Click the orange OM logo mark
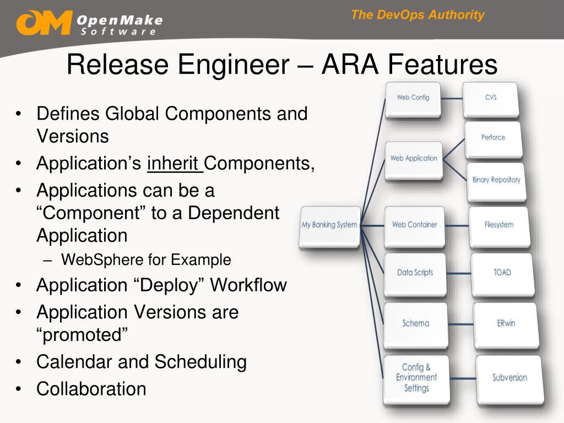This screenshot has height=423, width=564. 44,23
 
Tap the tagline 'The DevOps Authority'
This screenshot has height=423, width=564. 417,15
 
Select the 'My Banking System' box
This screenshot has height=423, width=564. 329,225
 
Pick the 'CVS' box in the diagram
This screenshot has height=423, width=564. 490,98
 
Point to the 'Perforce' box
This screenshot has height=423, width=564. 493,138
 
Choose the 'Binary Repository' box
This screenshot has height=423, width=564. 496,180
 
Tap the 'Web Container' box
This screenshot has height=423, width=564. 414,225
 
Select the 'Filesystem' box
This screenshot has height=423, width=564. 498,225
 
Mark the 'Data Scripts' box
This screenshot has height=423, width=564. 415,273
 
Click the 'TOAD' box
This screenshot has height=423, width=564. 502,273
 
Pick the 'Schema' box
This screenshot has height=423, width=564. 415,323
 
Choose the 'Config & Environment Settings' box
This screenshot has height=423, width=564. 416,378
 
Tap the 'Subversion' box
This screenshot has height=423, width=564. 509,378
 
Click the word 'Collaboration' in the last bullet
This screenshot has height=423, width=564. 91,389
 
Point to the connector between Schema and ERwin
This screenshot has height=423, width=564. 459,324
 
